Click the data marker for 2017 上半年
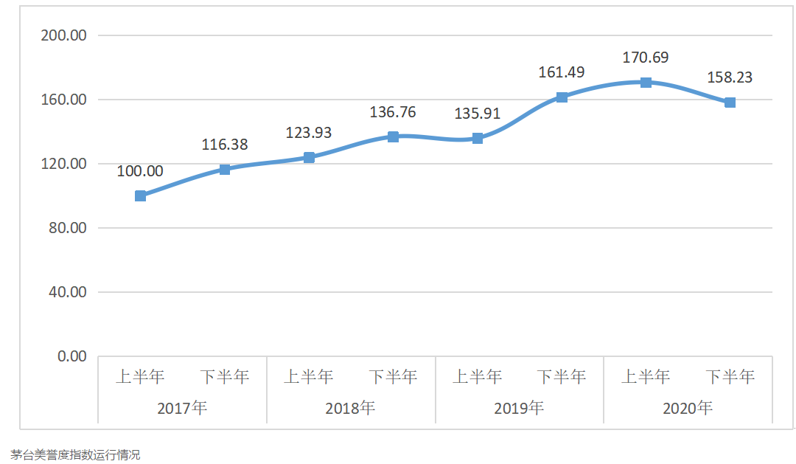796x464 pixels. pos(141,196)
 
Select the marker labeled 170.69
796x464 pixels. pos(646,83)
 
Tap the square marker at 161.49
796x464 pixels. pos(562,97)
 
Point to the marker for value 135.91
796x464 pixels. pos(478,138)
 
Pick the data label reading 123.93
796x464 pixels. pos(309,134)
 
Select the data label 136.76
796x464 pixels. pos(393,112)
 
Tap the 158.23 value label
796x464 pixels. pos(730,77)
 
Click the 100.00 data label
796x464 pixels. pos(140,171)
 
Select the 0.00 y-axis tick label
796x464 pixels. pos(72,356)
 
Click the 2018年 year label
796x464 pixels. pos(351,408)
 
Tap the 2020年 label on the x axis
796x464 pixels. pos(688,408)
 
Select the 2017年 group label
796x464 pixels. pos(182,408)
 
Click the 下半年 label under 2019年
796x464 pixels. pos(562,377)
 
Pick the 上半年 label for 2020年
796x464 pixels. pos(646,377)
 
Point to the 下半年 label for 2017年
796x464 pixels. pos(225,377)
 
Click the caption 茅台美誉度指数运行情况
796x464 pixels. pos(75,454)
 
